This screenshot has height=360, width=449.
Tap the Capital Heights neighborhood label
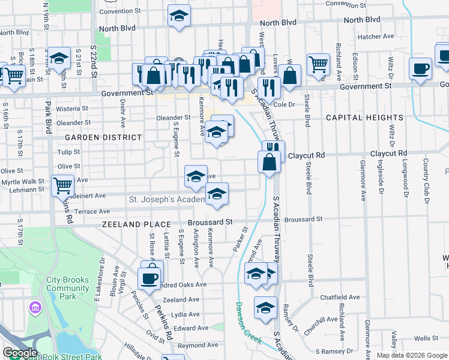coord(357,118)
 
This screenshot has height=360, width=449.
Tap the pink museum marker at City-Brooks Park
coord(35,308)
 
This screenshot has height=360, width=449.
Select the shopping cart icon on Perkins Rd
coord(62,185)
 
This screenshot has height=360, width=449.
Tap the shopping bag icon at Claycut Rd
coord(269,161)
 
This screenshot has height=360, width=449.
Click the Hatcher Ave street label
coord(375,37)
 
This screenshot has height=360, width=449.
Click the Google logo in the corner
coord(20,353)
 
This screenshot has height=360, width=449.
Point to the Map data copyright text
coord(412,355)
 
